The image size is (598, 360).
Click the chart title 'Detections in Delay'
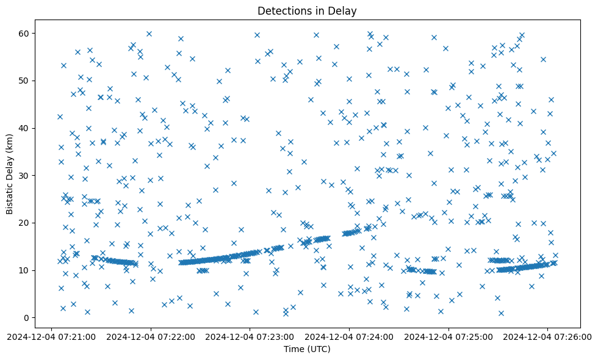click(307, 10)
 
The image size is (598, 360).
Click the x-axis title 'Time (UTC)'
click(307, 349)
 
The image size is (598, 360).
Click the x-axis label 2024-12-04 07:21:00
click(51, 336)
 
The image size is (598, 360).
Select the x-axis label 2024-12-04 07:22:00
click(150, 336)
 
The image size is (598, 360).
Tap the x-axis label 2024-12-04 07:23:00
click(250, 336)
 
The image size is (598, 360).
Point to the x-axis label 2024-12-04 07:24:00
click(349, 336)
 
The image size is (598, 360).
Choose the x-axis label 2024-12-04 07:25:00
click(448, 336)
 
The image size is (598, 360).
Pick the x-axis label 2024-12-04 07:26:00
click(547, 336)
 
